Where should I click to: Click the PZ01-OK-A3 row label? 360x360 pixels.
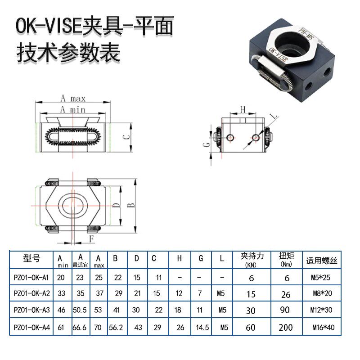31,310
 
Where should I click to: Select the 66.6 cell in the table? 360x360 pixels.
79,328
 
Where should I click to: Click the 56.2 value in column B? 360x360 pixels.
117,328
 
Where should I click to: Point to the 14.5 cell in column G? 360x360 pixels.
202,328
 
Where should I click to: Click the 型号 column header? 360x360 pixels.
31,258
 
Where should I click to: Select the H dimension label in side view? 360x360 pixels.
242,109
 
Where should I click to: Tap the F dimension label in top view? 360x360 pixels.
92,238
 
